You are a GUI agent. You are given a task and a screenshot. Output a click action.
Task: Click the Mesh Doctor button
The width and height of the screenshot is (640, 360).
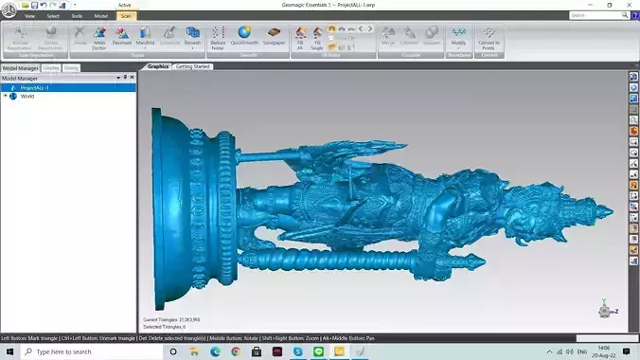(x=99, y=37)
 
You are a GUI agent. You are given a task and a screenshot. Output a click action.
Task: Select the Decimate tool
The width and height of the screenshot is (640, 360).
(x=122, y=37)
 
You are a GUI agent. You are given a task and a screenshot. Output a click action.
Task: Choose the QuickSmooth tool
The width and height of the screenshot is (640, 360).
(x=245, y=37)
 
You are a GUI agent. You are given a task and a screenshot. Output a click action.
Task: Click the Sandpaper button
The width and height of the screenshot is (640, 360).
(x=274, y=37)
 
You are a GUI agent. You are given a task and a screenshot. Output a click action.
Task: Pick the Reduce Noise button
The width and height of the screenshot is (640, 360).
(x=218, y=37)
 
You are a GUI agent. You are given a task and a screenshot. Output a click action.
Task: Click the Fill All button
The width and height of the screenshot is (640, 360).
(x=301, y=37)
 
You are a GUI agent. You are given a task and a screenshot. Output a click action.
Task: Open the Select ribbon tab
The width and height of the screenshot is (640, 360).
(x=53, y=16)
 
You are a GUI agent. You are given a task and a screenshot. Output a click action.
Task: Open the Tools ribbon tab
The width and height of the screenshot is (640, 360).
(x=77, y=16)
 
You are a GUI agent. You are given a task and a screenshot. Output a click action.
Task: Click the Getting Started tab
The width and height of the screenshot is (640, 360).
(x=193, y=66)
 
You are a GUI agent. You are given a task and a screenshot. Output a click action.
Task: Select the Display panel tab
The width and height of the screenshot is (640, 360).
(x=51, y=68)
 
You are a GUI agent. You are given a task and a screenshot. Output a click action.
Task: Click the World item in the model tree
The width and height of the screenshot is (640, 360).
(x=27, y=96)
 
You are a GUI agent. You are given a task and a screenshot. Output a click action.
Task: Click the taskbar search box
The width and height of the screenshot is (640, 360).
(x=85, y=351)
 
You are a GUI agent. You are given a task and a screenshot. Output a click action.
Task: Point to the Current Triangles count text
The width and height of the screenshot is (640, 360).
(x=171, y=319)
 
